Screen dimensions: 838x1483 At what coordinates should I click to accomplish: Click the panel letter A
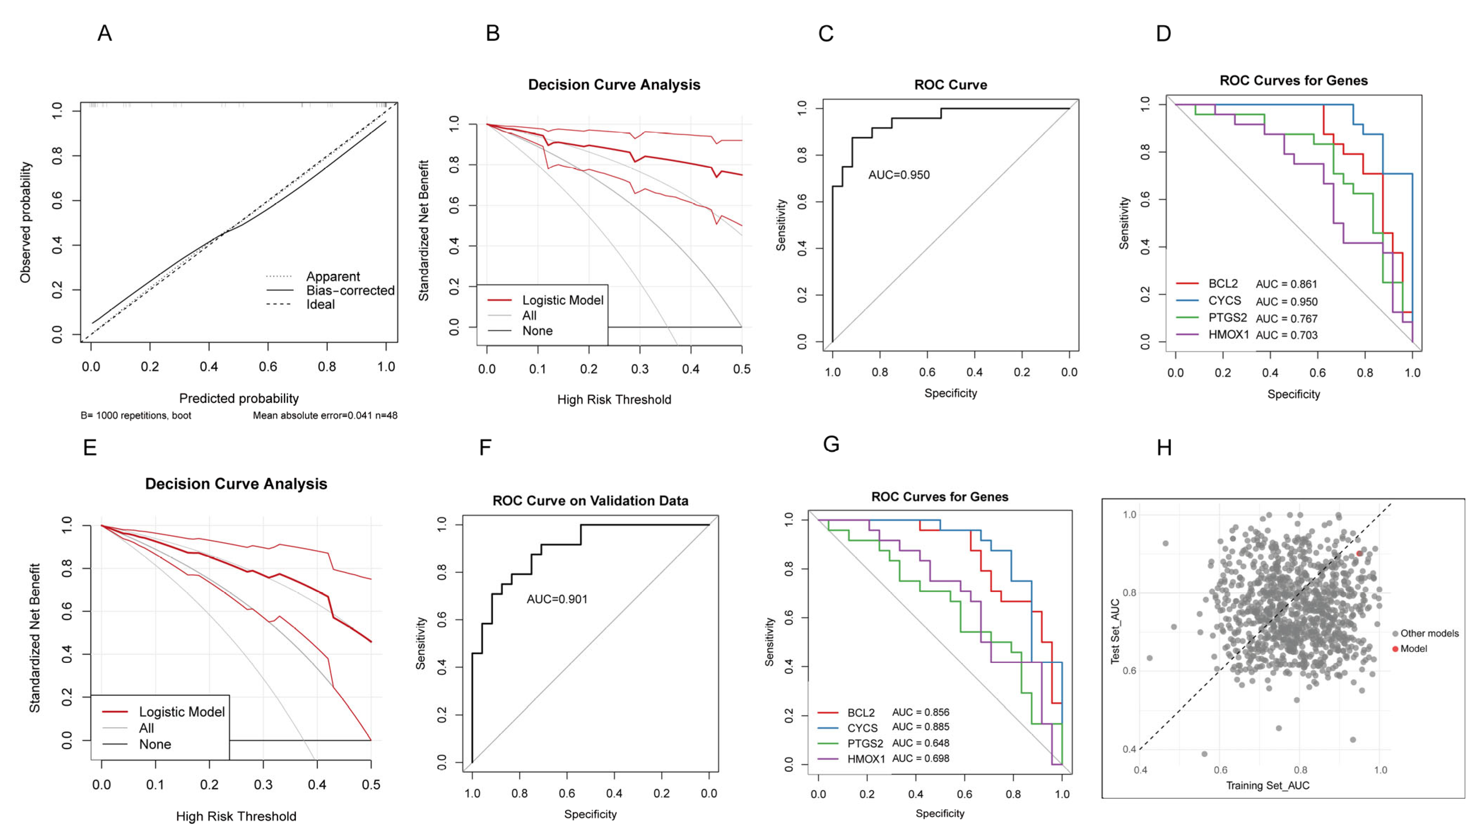(x=104, y=33)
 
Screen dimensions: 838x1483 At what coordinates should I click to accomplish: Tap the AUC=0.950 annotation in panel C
(x=899, y=175)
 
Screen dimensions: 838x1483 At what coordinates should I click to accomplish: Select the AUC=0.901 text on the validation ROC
(x=557, y=599)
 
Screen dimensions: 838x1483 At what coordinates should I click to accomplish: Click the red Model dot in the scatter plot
(x=1359, y=553)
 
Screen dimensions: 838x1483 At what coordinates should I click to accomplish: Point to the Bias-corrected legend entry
(x=350, y=290)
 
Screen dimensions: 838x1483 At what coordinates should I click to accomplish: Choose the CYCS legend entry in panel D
(x=1225, y=301)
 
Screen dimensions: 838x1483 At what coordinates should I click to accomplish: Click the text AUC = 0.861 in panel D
(x=1286, y=284)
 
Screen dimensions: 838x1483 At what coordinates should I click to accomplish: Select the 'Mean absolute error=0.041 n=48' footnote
(x=325, y=415)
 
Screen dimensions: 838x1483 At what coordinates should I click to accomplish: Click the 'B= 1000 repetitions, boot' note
(x=136, y=415)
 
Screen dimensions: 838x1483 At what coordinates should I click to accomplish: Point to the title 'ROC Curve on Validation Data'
(x=590, y=500)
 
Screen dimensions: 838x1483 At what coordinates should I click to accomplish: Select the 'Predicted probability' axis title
(x=239, y=398)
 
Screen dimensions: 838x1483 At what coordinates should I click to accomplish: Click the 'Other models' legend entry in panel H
(x=1429, y=633)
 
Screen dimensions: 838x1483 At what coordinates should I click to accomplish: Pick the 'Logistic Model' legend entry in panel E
(x=181, y=712)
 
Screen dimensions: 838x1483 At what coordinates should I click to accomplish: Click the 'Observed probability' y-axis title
(x=25, y=222)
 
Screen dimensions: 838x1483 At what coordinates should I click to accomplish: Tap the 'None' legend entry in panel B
(x=537, y=331)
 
